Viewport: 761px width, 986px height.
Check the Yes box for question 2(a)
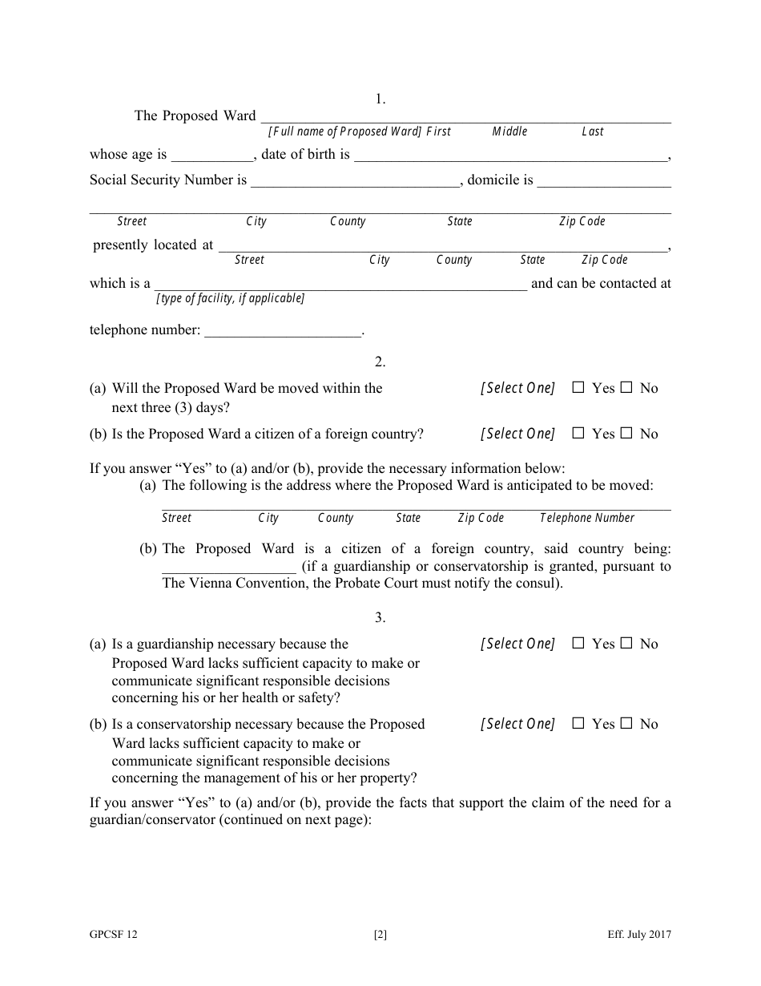[578, 388]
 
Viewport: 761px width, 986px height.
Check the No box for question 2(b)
[626, 434]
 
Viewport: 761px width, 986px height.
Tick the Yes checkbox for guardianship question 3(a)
[578, 644]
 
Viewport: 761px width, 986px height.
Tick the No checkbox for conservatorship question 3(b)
[626, 724]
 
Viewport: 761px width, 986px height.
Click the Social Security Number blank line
[355, 181]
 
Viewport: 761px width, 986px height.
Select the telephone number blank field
[284, 331]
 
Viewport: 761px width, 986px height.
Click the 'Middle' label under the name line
[509, 131]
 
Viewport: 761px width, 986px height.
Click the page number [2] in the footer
[380, 934]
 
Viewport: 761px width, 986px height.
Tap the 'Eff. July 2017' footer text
[639, 934]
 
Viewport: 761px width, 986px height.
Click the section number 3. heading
[380, 617]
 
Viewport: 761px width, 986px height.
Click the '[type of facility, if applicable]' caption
[231, 298]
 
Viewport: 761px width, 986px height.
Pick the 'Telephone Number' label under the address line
[586, 518]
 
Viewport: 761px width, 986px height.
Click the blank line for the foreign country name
[229, 568]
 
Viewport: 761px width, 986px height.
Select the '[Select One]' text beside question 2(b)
[517, 434]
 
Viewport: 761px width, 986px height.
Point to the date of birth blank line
[510, 156]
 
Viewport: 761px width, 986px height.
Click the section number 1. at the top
[380, 99]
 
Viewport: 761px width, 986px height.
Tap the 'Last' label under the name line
[592, 131]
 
